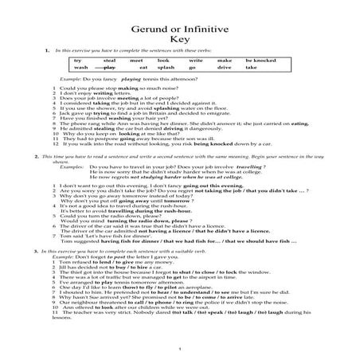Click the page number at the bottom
pos(181,346)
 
